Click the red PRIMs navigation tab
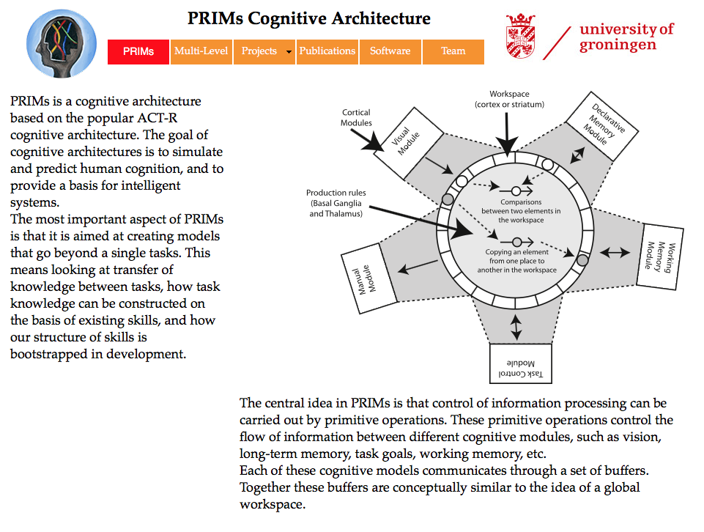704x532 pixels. coord(138,51)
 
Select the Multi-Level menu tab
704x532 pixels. coord(201,51)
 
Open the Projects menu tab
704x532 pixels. coord(264,51)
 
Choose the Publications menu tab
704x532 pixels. coord(327,51)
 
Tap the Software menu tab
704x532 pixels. coord(390,51)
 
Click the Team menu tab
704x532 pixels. coord(453,51)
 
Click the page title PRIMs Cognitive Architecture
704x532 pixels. coord(309,18)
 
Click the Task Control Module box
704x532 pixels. coord(521,363)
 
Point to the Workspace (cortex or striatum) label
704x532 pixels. coord(509,99)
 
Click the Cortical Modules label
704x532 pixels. coord(356,117)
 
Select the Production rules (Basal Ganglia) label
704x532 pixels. coord(336,203)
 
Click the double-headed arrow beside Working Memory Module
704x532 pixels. coord(615,252)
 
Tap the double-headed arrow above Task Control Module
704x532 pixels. coord(516,326)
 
